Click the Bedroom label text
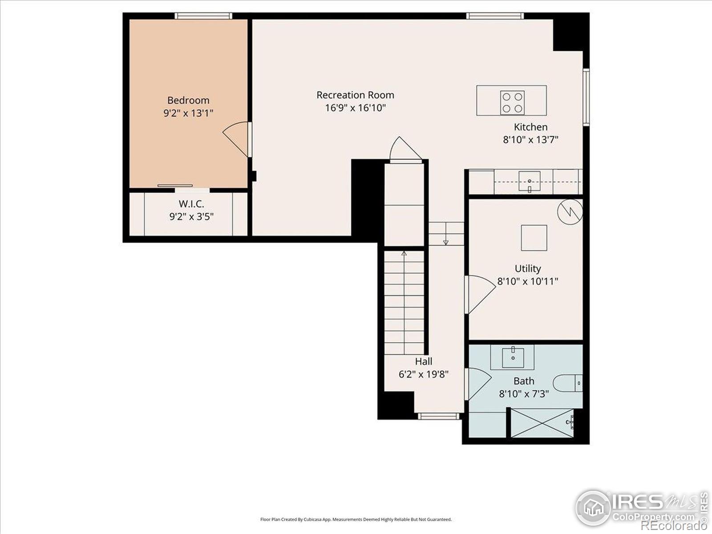click(188, 100)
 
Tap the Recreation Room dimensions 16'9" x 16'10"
click(355, 108)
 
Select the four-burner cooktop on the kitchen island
click(512, 102)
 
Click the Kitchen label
click(530, 127)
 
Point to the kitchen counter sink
click(530, 182)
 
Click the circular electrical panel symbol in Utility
click(570, 211)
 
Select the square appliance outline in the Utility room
click(534, 238)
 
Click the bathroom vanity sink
click(513, 357)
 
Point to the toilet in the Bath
click(567, 383)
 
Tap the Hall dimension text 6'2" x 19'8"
click(423, 374)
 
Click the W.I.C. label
click(191, 204)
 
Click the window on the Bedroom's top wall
click(203, 16)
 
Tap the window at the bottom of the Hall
click(438, 416)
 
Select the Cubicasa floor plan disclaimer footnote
click(356, 519)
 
